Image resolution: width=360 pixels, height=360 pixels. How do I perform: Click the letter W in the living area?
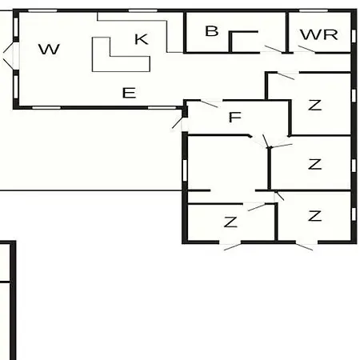point(49,50)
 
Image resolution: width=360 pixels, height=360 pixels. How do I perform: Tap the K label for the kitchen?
point(141,39)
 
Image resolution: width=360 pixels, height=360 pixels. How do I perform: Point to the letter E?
point(129,93)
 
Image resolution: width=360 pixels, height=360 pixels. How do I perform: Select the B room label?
point(212,31)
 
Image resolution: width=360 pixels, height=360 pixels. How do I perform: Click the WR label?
point(319,34)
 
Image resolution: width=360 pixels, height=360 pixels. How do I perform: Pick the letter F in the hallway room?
point(235,117)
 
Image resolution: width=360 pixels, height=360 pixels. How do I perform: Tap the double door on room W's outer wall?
point(10,56)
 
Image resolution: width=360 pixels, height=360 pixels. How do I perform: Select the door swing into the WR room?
point(306,49)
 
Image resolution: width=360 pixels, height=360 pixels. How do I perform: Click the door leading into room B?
point(273,49)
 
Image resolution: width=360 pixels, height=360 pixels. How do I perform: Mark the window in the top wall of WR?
point(314,10)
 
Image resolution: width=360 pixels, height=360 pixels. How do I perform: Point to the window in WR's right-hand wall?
point(354,36)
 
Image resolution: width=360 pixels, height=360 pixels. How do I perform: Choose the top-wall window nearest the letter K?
point(143,10)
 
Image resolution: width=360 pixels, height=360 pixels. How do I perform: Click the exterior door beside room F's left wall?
point(178,122)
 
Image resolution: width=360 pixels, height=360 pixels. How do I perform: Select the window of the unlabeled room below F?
point(185,170)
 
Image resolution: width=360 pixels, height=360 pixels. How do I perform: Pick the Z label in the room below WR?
point(314,105)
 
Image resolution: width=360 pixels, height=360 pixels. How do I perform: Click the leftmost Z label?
point(230,222)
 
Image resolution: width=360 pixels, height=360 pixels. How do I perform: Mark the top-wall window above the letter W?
point(42,10)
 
